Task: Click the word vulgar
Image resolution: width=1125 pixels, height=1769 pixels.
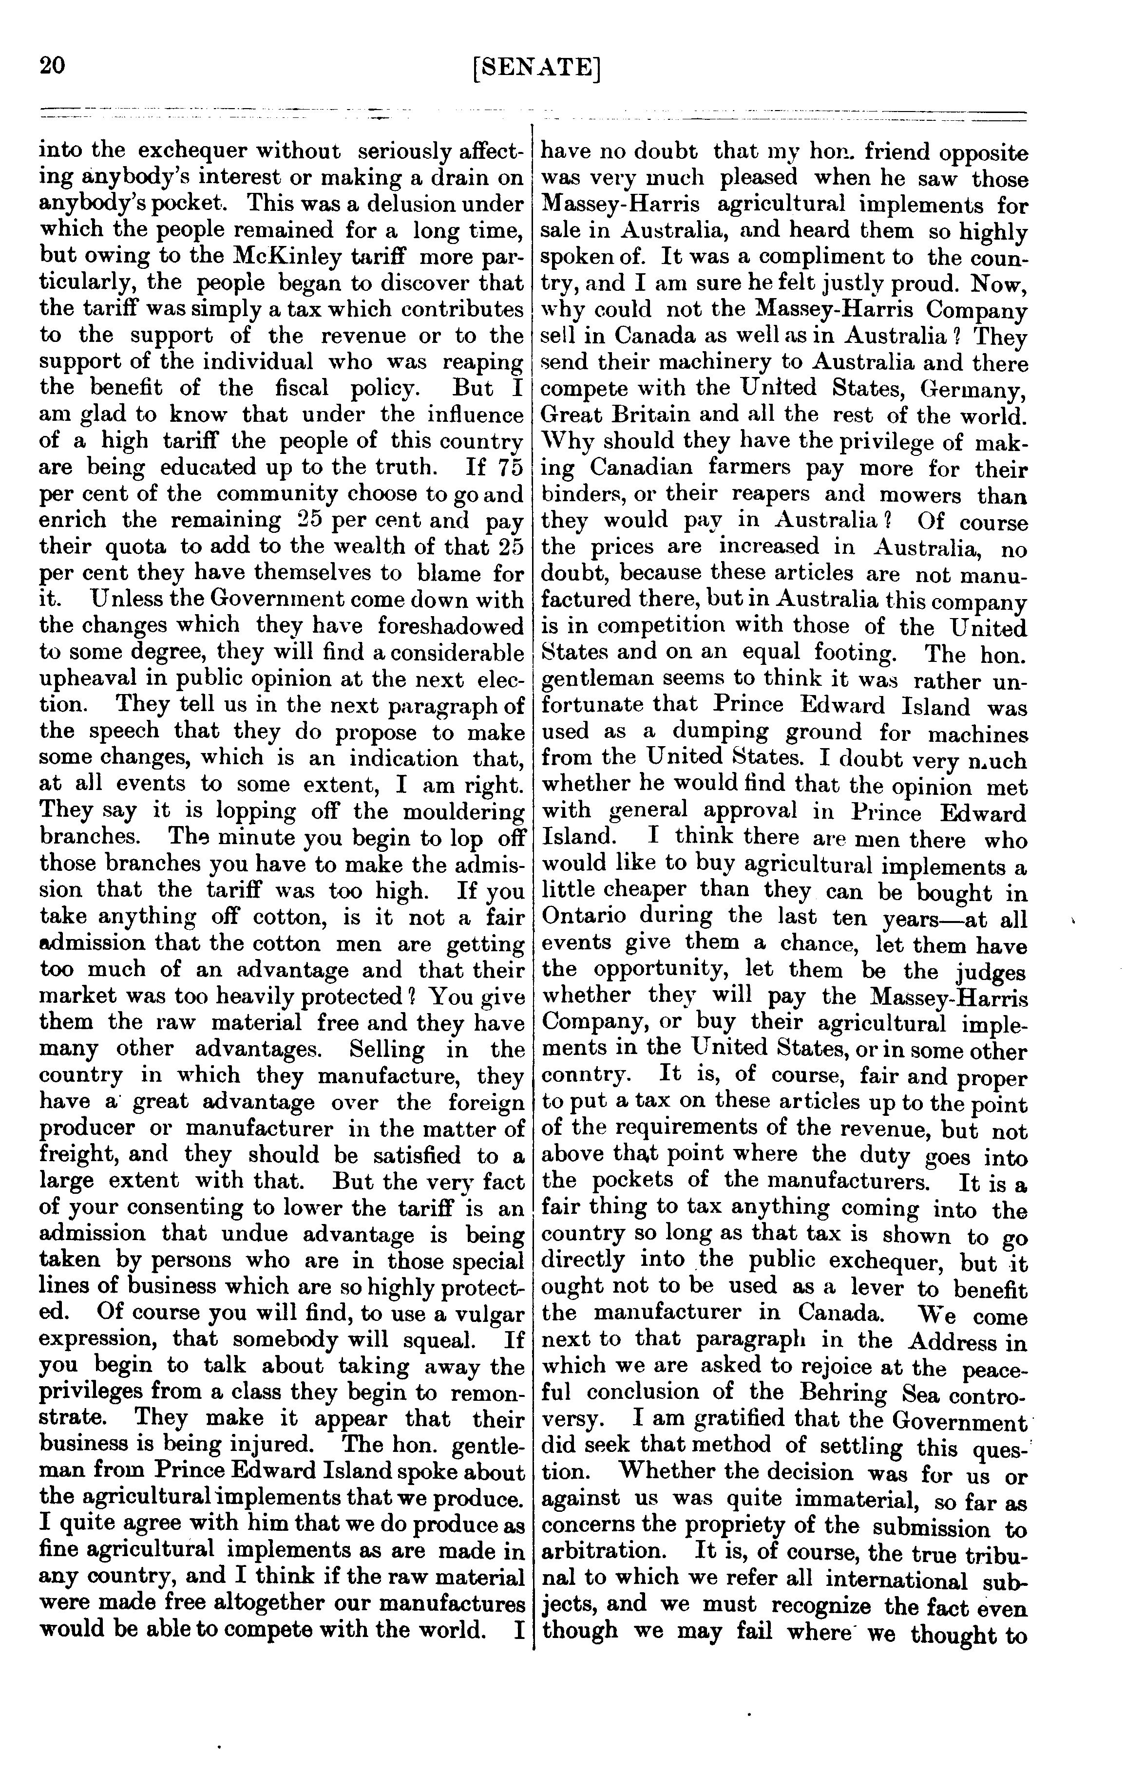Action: click(x=484, y=1313)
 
